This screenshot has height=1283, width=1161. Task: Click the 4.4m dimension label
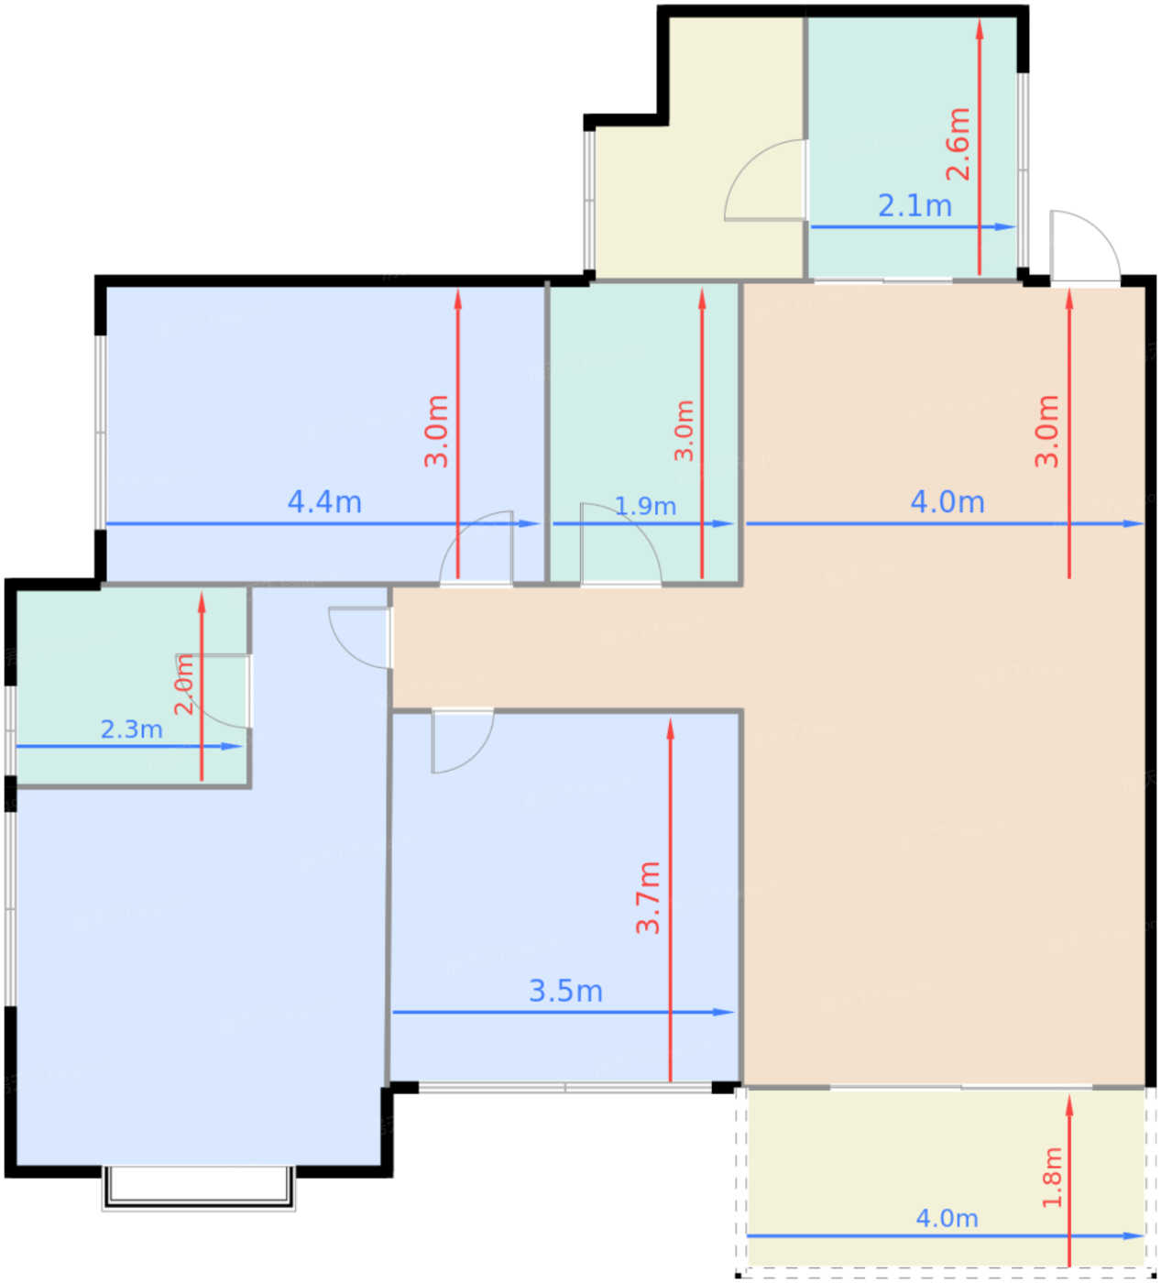click(x=324, y=502)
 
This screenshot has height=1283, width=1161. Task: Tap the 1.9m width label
click(x=645, y=506)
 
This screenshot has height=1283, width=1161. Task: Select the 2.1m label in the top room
click(x=915, y=206)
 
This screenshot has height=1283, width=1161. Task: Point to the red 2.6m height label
click(x=958, y=144)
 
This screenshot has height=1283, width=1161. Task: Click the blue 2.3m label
click(x=131, y=729)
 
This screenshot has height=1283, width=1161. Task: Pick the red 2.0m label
click(x=184, y=684)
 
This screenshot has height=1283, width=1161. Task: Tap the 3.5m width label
click(x=565, y=991)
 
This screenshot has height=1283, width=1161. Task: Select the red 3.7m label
click(x=648, y=897)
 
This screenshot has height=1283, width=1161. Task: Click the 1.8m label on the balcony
click(x=1052, y=1177)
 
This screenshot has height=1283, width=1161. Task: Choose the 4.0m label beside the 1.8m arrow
click(x=947, y=1218)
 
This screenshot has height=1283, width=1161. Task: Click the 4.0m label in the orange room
click(x=947, y=502)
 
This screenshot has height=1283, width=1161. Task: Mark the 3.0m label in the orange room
click(x=1046, y=431)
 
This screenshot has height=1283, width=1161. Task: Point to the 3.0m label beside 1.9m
click(x=684, y=431)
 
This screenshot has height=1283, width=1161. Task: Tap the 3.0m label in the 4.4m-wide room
click(x=436, y=431)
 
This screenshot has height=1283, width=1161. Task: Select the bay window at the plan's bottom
click(x=199, y=1188)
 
